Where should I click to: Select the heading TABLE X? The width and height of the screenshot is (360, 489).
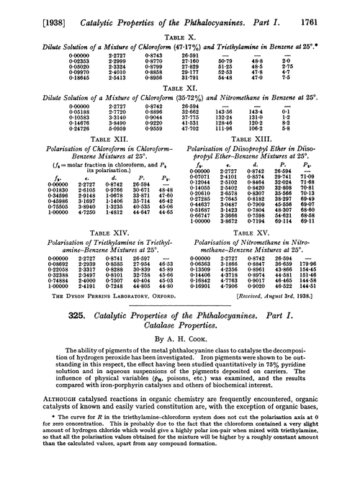(x=179, y=25)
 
